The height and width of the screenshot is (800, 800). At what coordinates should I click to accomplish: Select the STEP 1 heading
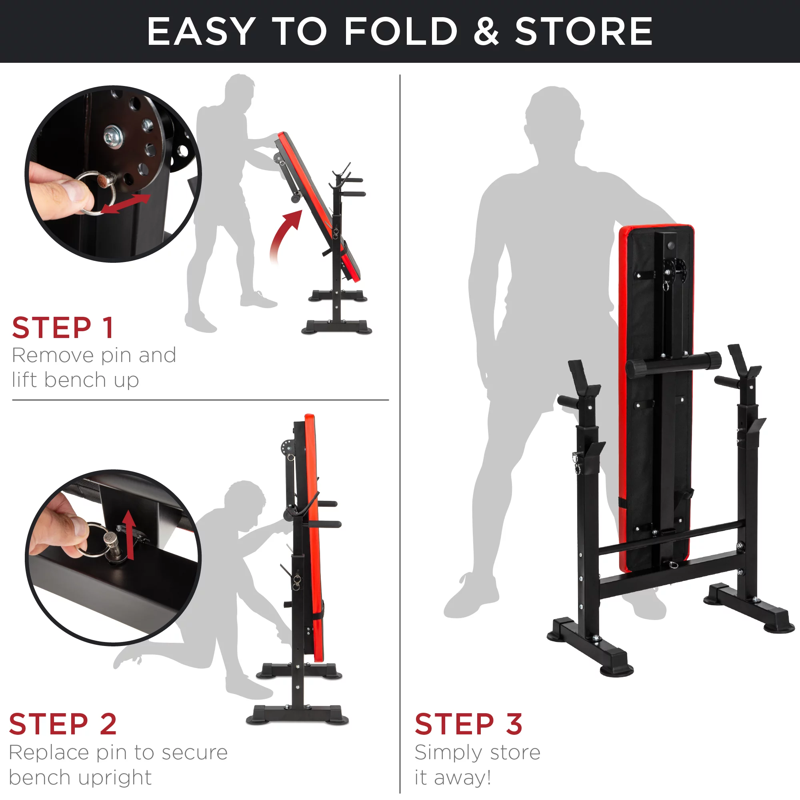pyautogui.click(x=63, y=328)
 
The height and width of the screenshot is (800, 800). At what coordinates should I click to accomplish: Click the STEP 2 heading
pyautogui.click(x=63, y=724)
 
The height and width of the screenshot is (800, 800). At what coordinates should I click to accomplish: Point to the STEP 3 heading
pyautogui.click(x=468, y=724)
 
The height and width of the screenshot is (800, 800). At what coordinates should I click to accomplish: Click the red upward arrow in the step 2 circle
pyautogui.click(x=130, y=534)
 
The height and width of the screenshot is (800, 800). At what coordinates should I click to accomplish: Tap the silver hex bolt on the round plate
pyautogui.click(x=112, y=136)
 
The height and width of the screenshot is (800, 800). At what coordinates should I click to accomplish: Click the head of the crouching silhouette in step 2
pyautogui.click(x=246, y=502)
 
